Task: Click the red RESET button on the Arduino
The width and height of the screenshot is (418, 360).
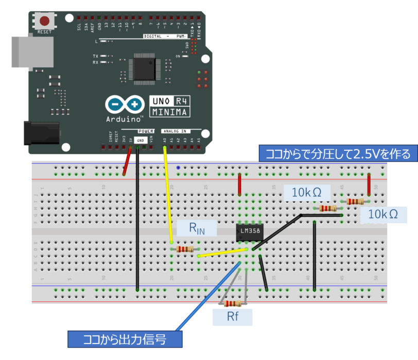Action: point(45,21)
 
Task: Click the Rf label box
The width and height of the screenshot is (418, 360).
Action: point(233,316)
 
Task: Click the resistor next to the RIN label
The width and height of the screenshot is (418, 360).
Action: point(185,249)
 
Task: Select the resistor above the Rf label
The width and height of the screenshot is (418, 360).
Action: point(233,303)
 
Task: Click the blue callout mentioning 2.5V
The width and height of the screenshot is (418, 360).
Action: point(338,154)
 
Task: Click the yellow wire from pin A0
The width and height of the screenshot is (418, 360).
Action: point(168,195)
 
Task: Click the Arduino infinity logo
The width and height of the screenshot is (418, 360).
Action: point(125,104)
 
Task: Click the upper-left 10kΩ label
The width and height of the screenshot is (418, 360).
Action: point(306,193)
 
